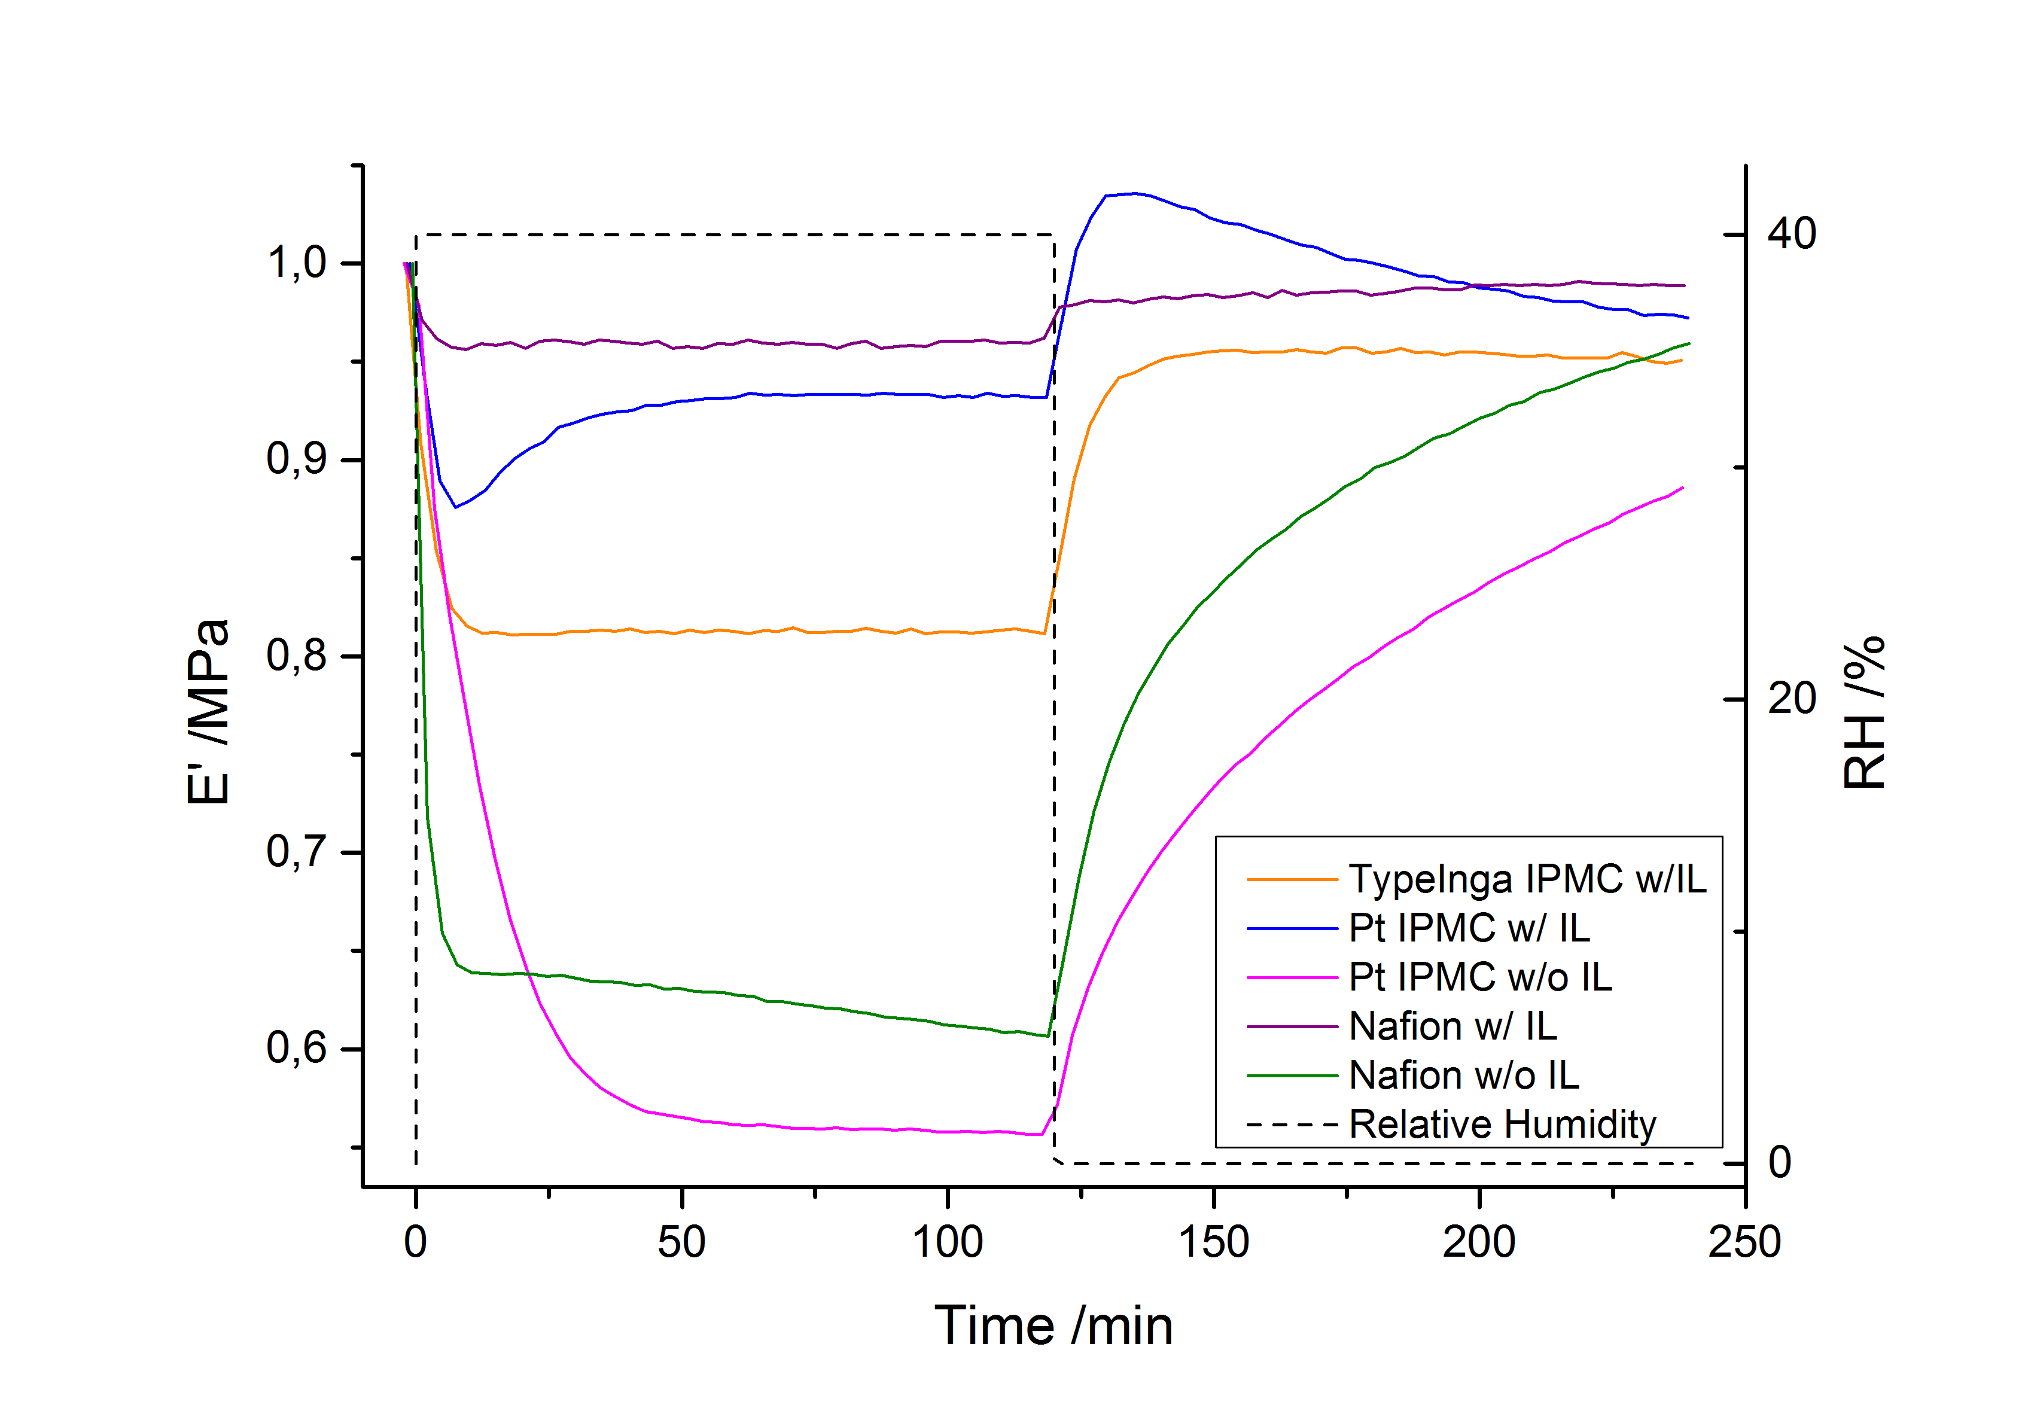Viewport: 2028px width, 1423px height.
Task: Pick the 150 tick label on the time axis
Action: pyautogui.click(x=1214, y=1242)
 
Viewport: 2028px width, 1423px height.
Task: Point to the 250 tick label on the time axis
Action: pyautogui.click(x=1744, y=1242)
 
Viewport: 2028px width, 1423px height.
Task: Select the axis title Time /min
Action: pyautogui.click(x=1053, y=1326)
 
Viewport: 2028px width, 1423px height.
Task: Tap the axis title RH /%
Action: pyautogui.click(x=1865, y=712)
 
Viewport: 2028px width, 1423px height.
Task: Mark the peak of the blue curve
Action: pyautogui.click(x=1133, y=193)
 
